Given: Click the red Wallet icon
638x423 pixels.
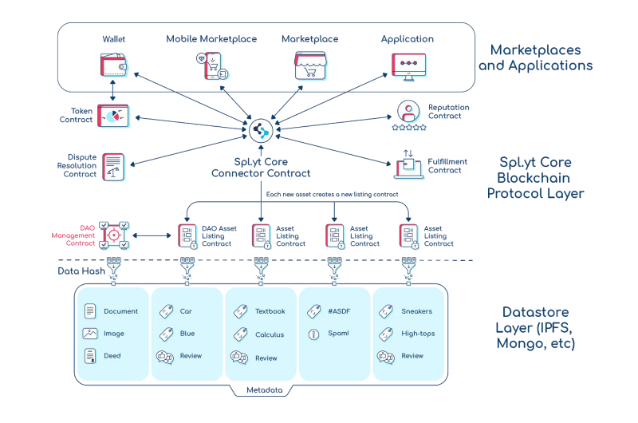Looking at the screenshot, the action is coord(113,65).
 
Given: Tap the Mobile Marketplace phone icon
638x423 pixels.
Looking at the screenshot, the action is coord(212,65).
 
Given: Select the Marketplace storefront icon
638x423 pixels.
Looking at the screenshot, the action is coord(310,65).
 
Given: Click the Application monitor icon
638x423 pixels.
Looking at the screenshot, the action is coord(408,66).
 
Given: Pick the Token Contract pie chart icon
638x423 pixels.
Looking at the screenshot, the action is coord(113,116).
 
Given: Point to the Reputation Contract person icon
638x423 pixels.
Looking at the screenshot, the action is coord(408,111).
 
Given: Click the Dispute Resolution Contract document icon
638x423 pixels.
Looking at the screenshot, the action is coord(113,167).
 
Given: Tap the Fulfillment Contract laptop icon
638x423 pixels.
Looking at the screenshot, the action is coord(409,164).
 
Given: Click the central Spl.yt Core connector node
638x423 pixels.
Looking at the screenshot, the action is coord(261,131).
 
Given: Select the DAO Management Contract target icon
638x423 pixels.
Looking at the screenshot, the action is coord(114,235).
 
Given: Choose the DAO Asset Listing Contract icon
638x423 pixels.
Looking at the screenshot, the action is coord(187,236).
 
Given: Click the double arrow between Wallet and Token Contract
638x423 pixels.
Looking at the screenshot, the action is coord(112,90).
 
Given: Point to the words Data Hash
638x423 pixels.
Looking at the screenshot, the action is coord(81,271).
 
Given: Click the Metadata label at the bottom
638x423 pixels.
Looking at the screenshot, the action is coord(265,390).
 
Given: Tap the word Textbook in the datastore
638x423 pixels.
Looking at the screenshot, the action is coord(270,311).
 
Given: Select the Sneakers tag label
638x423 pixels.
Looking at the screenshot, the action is coord(416,311).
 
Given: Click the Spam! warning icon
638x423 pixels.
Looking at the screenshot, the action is coord(313,334).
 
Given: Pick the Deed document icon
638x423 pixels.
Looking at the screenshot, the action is coord(90,356).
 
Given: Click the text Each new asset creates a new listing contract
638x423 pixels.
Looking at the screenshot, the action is coord(332,194).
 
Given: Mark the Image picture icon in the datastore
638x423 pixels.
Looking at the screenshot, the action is coord(90,334).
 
